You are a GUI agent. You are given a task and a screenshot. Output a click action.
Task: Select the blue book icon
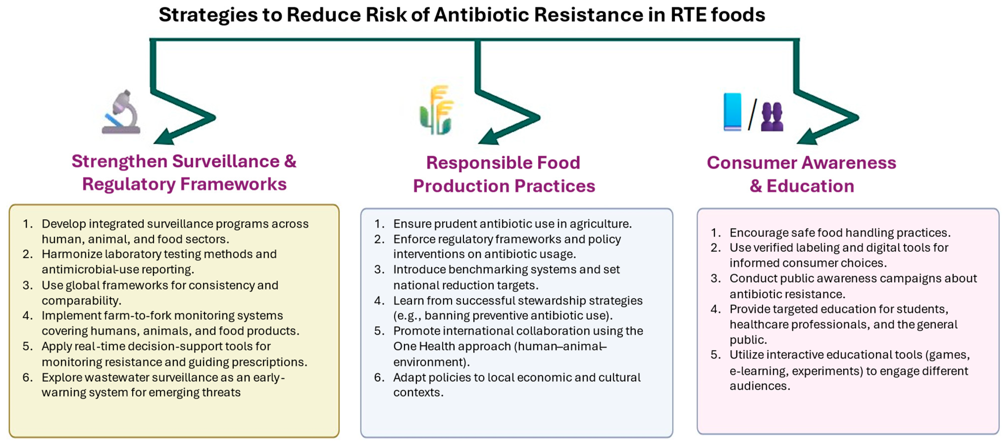click(x=732, y=111)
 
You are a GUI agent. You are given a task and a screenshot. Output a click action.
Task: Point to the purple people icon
click(x=772, y=116)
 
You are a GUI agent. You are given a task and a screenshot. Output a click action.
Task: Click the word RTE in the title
click(x=688, y=15)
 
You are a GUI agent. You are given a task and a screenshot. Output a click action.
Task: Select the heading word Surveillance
click(x=226, y=162)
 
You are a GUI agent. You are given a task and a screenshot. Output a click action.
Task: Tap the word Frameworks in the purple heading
click(x=234, y=184)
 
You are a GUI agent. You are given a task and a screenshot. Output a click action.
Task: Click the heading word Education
click(x=810, y=186)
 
